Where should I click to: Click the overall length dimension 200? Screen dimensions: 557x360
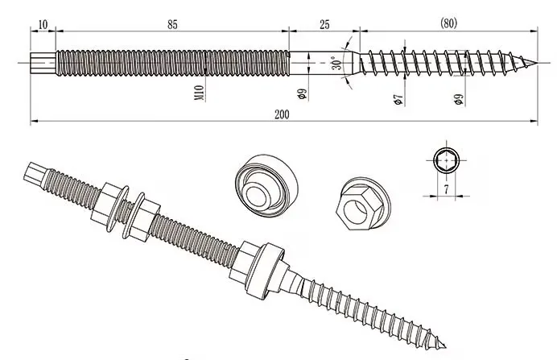[x=282, y=114]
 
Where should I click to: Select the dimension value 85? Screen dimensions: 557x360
[x=172, y=25]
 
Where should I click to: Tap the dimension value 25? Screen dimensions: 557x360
[x=324, y=25]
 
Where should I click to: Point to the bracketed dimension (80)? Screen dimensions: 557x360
[x=448, y=23]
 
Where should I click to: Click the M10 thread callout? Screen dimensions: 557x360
[x=200, y=93]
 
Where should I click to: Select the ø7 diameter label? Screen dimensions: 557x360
[x=398, y=100]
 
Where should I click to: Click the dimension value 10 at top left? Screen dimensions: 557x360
[x=43, y=25]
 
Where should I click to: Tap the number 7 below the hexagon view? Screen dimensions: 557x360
[x=446, y=189]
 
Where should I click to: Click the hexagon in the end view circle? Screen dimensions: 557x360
[x=446, y=160]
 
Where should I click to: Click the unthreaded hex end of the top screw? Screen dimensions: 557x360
[x=43, y=64]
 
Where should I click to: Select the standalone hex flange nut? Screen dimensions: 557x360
[x=362, y=204]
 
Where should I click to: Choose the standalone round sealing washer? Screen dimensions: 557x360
[x=266, y=185]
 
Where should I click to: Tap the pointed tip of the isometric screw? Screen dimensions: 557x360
[x=445, y=347]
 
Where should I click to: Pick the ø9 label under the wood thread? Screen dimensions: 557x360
[x=459, y=100]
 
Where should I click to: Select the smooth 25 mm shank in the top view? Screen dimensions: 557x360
[x=324, y=64]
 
